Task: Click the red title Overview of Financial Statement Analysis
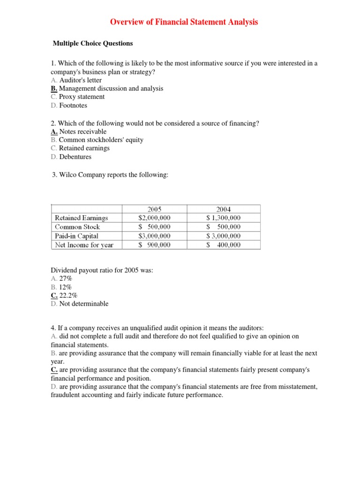[184, 22]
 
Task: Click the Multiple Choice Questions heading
[93, 44]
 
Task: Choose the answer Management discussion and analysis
[111, 89]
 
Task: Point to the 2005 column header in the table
[154, 210]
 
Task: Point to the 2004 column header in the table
[224, 210]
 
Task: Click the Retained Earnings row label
[81, 218]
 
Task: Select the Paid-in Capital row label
[76, 236]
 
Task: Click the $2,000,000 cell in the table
[154, 218]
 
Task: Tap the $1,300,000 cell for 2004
[224, 218]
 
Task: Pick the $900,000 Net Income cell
[154, 245]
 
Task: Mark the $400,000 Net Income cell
[224, 245]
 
